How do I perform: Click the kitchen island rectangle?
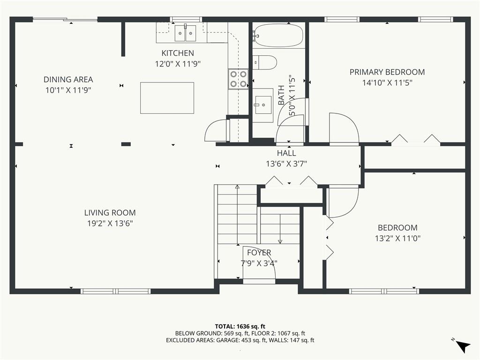click(x=167, y=97)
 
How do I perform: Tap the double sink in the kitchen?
click(x=185, y=33)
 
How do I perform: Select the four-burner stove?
click(x=238, y=79)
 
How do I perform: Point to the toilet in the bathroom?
click(x=265, y=62)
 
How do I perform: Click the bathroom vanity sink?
click(x=263, y=102)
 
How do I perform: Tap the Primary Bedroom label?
click(x=387, y=72)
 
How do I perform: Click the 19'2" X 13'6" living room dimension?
click(x=110, y=224)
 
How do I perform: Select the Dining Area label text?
click(x=68, y=80)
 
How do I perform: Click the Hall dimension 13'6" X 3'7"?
click(x=286, y=164)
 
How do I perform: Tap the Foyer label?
click(x=259, y=253)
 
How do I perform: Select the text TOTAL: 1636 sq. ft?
click(x=240, y=326)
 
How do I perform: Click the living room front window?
click(x=116, y=291)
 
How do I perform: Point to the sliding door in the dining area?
click(x=65, y=20)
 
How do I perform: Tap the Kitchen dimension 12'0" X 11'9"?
click(x=178, y=64)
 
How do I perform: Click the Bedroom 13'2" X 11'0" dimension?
click(x=397, y=238)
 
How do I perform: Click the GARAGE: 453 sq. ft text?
click(x=262, y=340)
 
